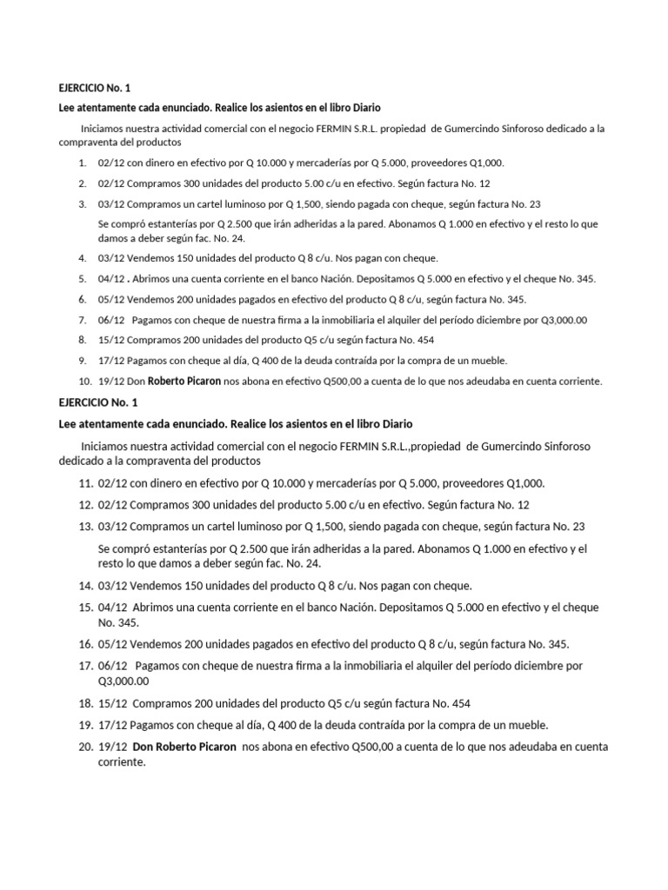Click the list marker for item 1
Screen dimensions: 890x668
81,163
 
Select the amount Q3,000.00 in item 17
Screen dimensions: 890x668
123,681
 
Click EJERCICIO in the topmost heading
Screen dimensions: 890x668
77,88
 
